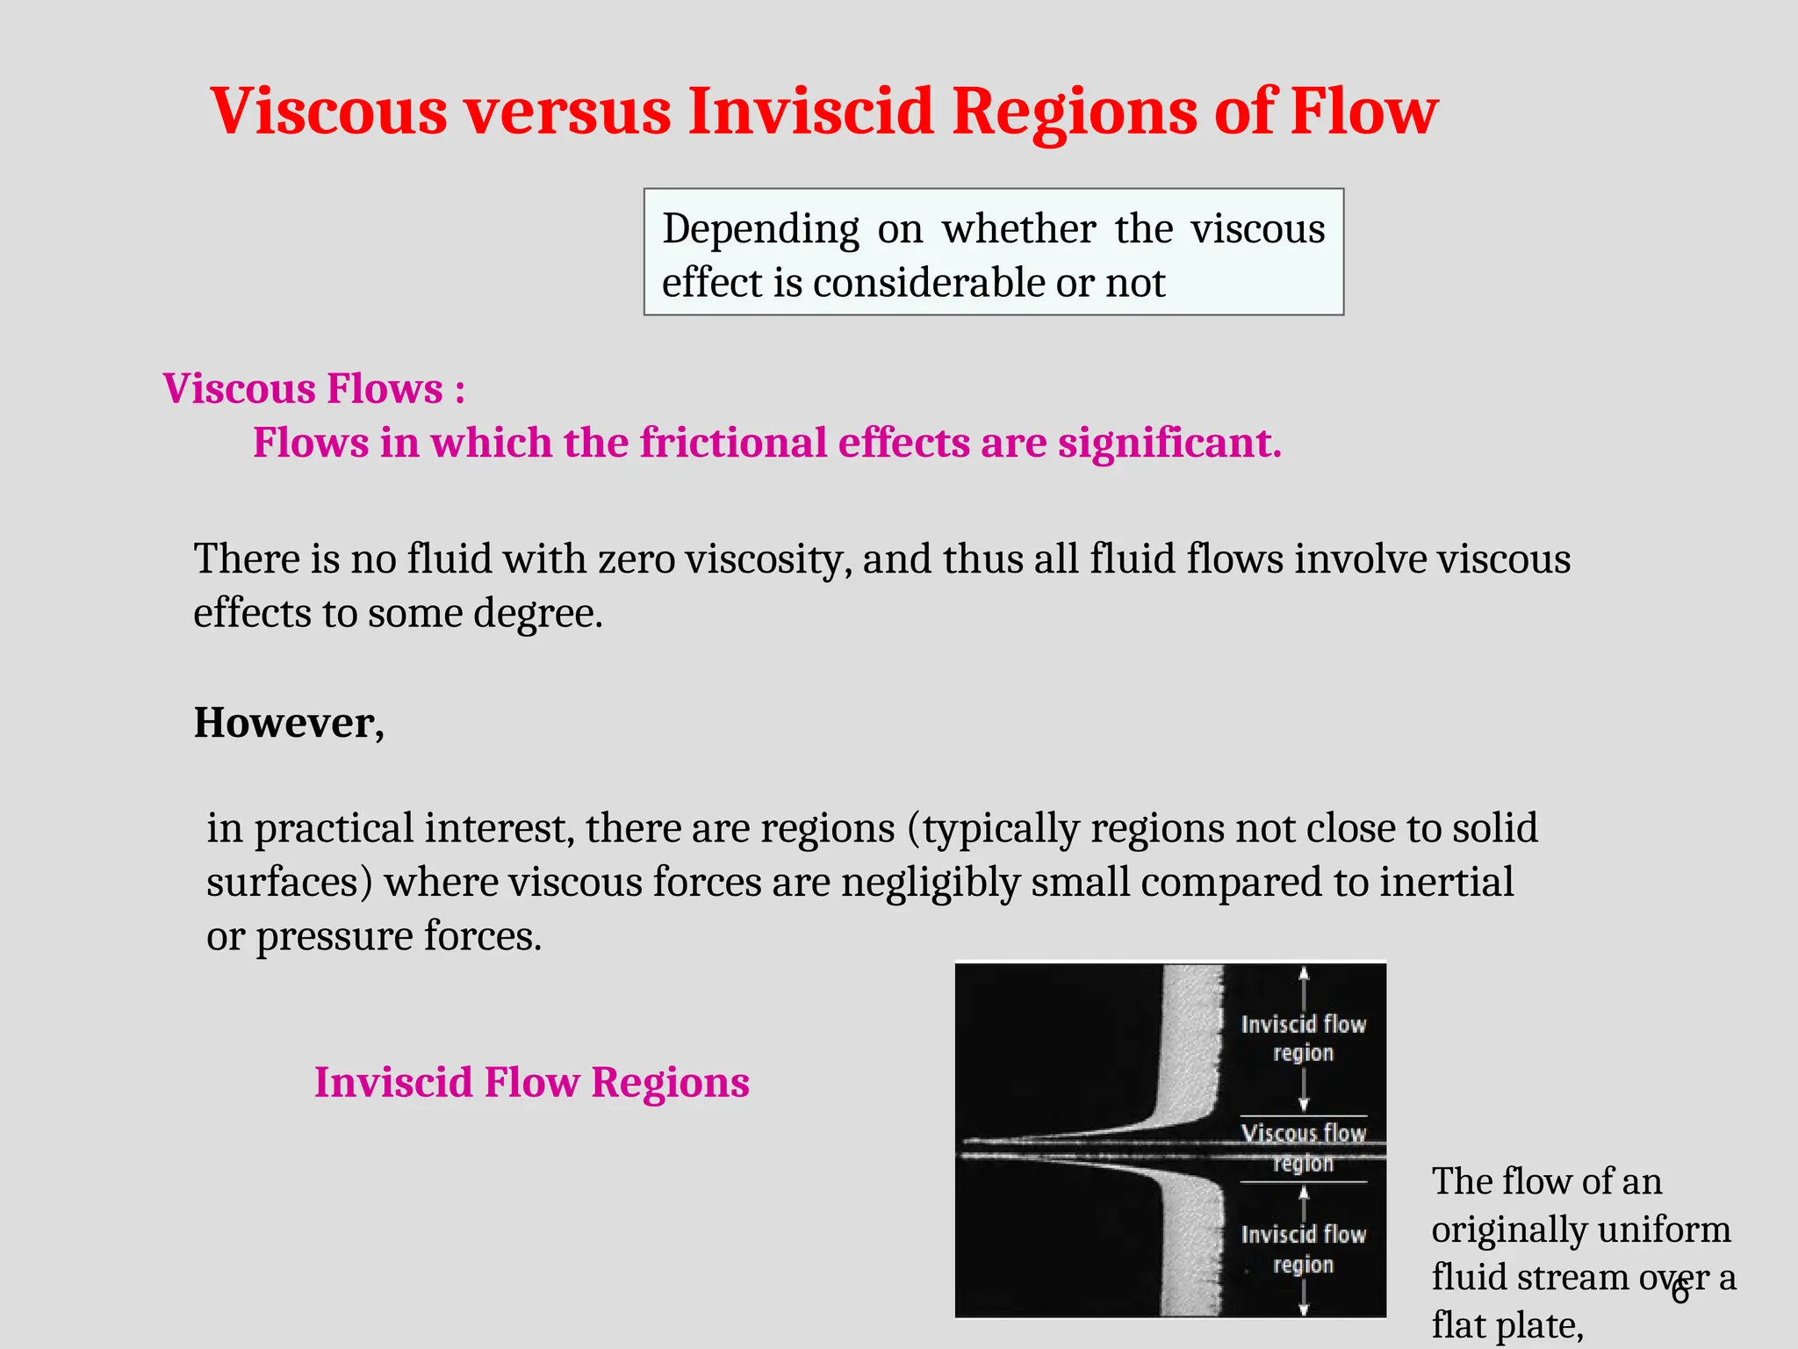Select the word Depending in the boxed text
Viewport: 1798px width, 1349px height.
[760, 229]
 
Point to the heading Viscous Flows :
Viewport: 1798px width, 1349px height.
[313, 388]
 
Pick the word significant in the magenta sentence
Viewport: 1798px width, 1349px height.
[1169, 443]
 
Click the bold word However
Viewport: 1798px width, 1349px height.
[288, 723]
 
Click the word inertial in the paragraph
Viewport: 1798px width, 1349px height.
[1446, 883]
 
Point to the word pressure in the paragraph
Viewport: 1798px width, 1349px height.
[334, 936]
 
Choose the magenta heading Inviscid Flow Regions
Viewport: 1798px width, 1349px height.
[531, 1082]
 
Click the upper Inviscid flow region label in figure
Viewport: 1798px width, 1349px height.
[1304, 1038]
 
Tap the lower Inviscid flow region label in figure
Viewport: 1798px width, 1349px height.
[1304, 1249]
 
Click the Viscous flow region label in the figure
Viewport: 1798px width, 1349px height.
[1304, 1147]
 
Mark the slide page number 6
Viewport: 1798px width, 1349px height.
[1680, 1293]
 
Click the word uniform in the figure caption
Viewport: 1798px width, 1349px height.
[1677, 1230]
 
